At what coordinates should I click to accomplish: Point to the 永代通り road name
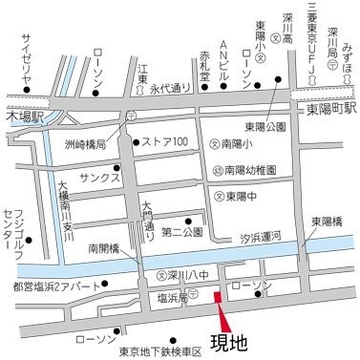coord(170,86)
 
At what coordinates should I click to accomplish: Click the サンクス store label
coord(98,178)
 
